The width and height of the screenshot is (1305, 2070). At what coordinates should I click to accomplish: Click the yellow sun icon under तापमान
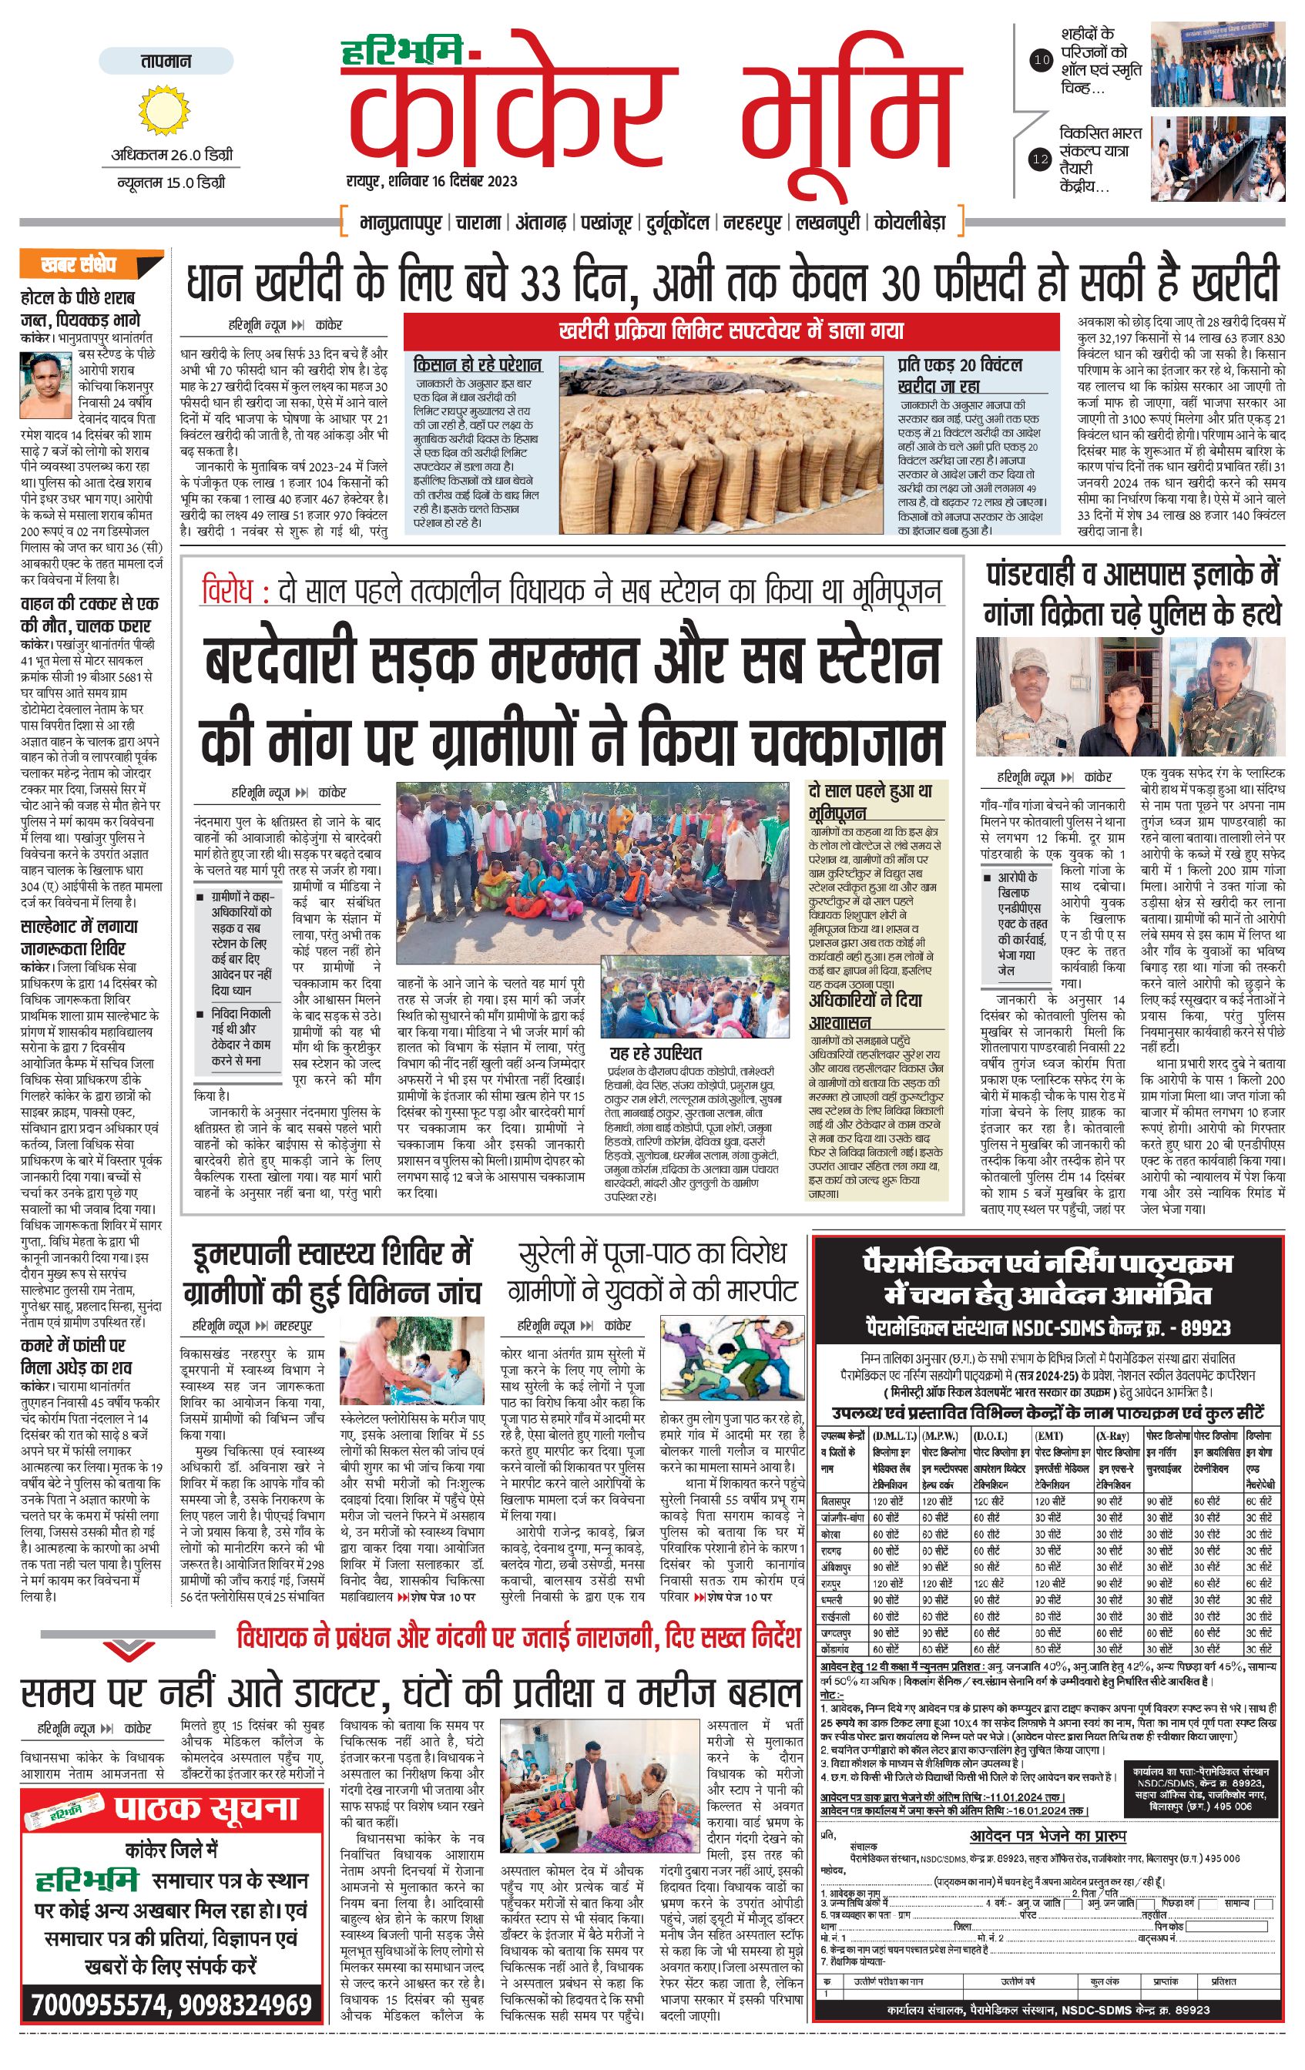[x=162, y=110]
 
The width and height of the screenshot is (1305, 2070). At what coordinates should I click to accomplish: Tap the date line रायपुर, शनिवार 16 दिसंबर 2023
[x=421, y=181]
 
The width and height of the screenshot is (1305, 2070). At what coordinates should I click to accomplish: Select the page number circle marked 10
[x=1042, y=60]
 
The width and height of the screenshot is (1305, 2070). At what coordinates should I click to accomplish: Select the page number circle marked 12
[x=1042, y=159]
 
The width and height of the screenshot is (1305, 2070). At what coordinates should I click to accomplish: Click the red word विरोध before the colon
[x=228, y=592]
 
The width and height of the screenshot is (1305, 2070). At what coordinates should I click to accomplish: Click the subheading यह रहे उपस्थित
[x=656, y=1053]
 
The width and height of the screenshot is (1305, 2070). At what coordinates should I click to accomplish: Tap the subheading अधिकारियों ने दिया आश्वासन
[x=864, y=1011]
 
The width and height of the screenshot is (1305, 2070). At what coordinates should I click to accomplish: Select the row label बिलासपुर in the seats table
[x=836, y=1501]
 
